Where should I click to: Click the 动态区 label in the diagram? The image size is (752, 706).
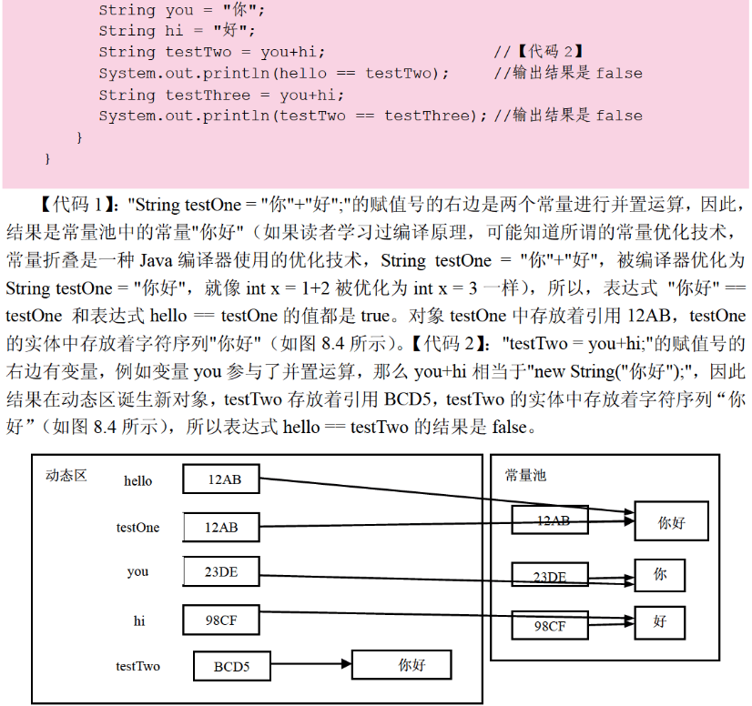pos(66,475)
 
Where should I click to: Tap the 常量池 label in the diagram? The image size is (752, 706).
pos(526,475)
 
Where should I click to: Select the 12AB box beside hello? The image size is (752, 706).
pos(221,479)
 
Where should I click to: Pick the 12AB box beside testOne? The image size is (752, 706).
pos(221,527)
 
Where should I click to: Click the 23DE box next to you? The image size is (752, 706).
pos(221,571)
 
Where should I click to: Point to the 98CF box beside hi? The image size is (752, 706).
pos(221,620)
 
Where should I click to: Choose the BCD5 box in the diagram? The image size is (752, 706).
pos(231,666)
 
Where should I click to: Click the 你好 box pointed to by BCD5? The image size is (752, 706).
pos(401,665)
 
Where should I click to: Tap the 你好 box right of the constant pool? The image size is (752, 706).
pos(671,522)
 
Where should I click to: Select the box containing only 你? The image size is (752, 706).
pos(659,575)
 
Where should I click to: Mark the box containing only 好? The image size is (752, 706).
pos(659,622)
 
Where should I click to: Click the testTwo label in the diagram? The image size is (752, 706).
pos(137,666)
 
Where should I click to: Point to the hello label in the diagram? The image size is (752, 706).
pos(138,480)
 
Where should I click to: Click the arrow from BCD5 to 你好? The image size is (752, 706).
pos(311,665)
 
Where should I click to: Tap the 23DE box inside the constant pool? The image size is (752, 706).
pos(549,576)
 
